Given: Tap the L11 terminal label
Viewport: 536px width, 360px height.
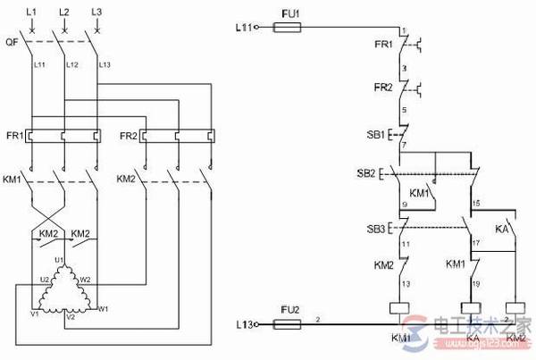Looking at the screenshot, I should (x=245, y=28).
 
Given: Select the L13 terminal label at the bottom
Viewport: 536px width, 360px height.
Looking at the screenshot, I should (x=245, y=327).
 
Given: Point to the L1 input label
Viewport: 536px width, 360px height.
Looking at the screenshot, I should (x=32, y=11).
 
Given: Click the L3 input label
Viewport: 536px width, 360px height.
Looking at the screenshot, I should (x=96, y=11).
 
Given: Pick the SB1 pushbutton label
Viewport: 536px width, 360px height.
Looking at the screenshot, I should (x=375, y=134).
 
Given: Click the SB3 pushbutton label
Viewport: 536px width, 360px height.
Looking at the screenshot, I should (x=375, y=230).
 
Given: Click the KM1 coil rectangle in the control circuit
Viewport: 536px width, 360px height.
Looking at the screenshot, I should (x=400, y=309).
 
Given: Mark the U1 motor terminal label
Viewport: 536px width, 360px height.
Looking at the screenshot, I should (x=61, y=259).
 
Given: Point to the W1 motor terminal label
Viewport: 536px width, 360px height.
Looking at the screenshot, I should (x=104, y=309).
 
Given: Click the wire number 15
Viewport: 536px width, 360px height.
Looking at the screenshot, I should (x=476, y=205).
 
